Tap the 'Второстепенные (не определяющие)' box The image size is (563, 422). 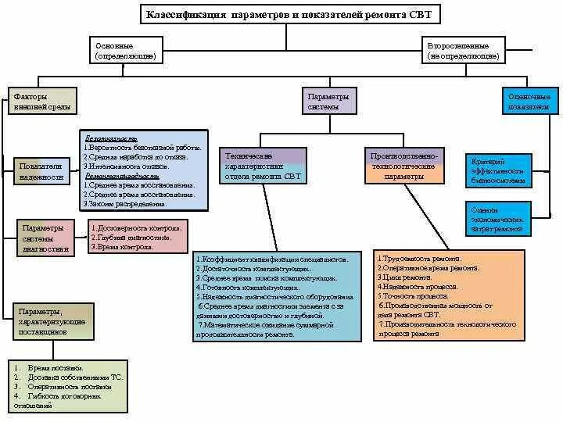pos(464,51)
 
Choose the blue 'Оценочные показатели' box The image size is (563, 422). pos(529,101)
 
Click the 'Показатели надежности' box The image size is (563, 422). pos(41,172)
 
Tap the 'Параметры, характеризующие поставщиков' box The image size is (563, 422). pos(53,320)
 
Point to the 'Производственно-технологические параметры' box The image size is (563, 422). pos(404,166)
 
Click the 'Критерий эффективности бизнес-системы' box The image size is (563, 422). pos(498,170)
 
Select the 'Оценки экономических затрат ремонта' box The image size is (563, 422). pos(498,220)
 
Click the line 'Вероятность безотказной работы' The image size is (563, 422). pos(145,147)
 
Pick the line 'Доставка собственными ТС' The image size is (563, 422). pos(76,377)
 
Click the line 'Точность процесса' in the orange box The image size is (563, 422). pos(414,296)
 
